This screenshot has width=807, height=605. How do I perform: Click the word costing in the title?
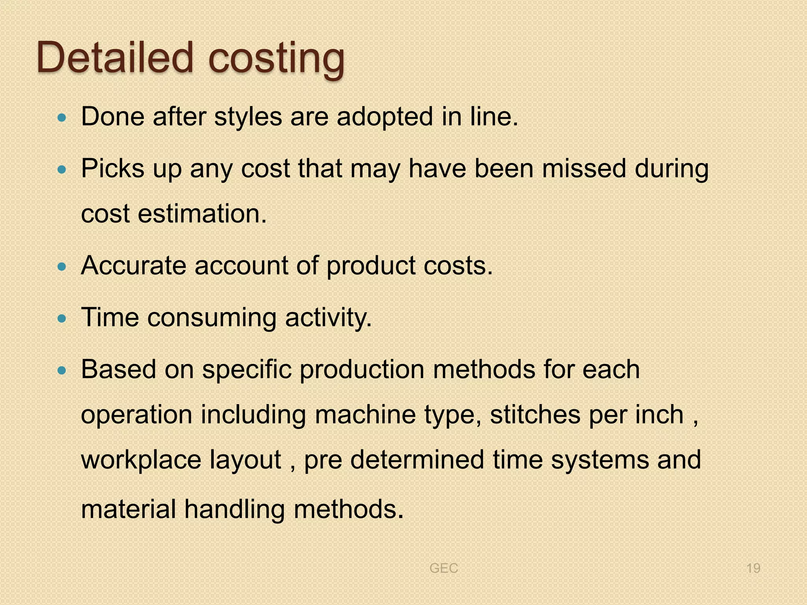(276, 59)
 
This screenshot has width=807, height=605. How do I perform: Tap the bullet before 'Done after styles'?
(61, 117)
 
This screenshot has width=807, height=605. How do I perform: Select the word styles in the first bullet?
(248, 117)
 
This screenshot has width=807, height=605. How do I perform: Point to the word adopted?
(385, 117)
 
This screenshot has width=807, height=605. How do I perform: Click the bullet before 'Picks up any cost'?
(61, 170)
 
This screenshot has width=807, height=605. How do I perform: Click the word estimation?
(202, 214)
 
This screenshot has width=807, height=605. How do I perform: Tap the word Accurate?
(134, 265)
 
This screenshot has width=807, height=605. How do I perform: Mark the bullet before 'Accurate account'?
(61, 267)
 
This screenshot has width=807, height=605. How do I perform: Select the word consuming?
(212, 317)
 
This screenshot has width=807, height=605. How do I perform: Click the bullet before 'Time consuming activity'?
(61, 319)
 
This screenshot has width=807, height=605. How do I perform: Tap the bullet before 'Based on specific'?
(61, 370)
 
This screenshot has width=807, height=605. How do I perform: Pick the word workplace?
(141, 460)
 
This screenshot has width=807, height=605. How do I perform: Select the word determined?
(417, 460)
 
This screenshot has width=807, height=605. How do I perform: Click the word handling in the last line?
(234, 509)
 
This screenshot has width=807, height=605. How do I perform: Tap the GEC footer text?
(444, 568)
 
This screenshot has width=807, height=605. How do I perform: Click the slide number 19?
(753, 568)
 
